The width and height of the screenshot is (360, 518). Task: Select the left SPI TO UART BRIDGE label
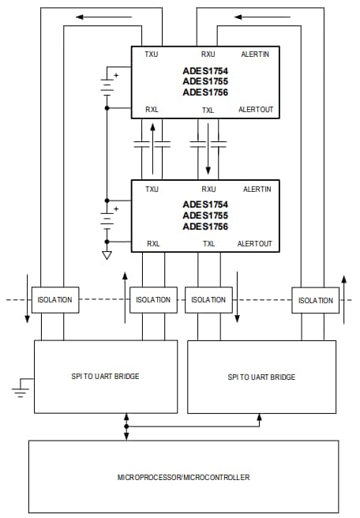click(x=106, y=376)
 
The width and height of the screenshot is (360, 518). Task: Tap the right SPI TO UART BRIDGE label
click(x=262, y=377)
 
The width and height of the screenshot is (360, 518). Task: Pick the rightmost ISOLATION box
click(x=315, y=300)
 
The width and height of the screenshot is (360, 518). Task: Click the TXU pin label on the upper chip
click(x=152, y=55)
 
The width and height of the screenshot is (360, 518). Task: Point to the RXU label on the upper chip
click(x=208, y=55)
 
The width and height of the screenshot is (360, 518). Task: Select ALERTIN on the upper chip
click(x=257, y=55)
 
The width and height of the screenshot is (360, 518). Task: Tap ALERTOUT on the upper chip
click(x=256, y=110)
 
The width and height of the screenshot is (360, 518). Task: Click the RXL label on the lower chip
click(x=152, y=244)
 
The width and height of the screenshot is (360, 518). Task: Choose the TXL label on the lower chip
click(x=208, y=244)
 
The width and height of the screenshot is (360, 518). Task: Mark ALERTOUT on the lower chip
click(x=256, y=244)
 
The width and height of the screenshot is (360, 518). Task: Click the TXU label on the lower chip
click(x=152, y=190)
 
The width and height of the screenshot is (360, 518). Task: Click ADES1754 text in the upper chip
click(x=205, y=70)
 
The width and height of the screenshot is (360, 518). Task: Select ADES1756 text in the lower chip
click(x=205, y=227)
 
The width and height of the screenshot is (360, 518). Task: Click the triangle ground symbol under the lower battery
click(x=106, y=256)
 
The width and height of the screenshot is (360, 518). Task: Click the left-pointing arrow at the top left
click(x=94, y=16)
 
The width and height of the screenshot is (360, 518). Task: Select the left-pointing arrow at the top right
click(x=250, y=16)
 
